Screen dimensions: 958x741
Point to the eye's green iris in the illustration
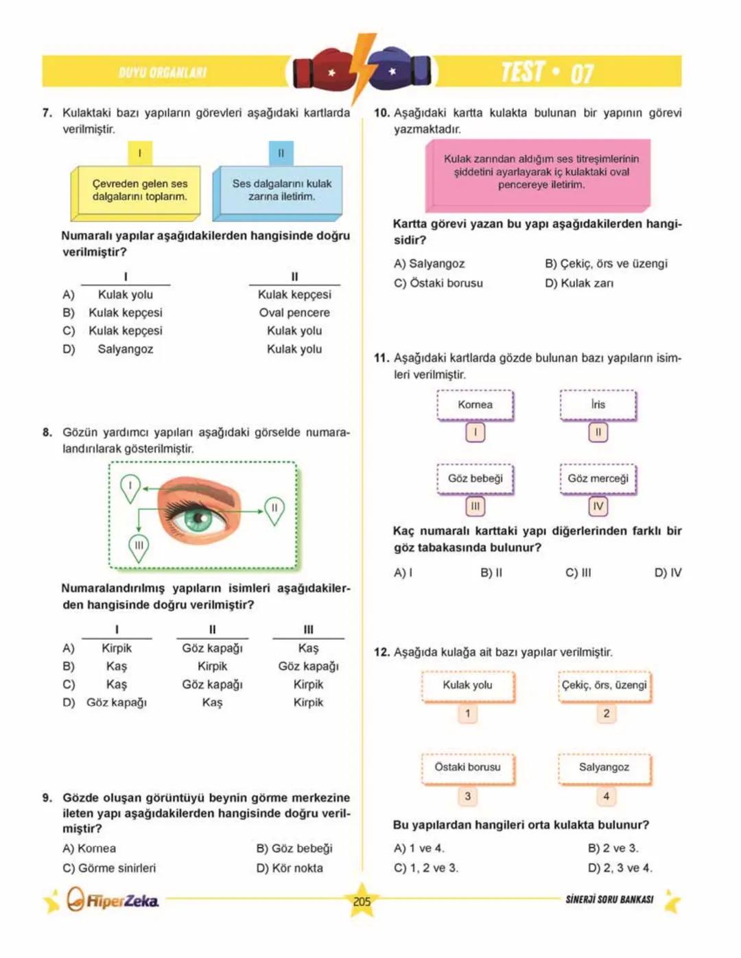pyautogui.click(x=198, y=516)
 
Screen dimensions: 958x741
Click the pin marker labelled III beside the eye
pyautogui.click(x=139, y=547)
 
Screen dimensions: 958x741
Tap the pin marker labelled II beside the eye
pyautogui.click(x=274, y=509)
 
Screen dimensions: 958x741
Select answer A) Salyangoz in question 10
pyautogui.click(x=430, y=263)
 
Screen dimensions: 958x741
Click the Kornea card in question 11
pyautogui.click(x=475, y=405)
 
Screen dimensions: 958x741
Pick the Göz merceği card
pyautogui.click(x=598, y=479)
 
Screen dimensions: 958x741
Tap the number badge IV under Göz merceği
pyautogui.click(x=598, y=506)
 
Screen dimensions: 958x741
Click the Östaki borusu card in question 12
pyautogui.click(x=467, y=767)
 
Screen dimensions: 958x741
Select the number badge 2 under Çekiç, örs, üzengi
pyautogui.click(x=606, y=714)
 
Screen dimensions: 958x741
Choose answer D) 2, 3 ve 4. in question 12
pyautogui.click(x=620, y=867)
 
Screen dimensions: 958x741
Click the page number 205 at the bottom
pyautogui.click(x=362, y=901)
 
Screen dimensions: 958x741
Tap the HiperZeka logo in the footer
pyautogui.click(x=113, y=900)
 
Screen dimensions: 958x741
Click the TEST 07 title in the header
pyautogui.click(x=547, y=72)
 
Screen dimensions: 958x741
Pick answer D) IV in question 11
pyautogui.click(x=668, y=573)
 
